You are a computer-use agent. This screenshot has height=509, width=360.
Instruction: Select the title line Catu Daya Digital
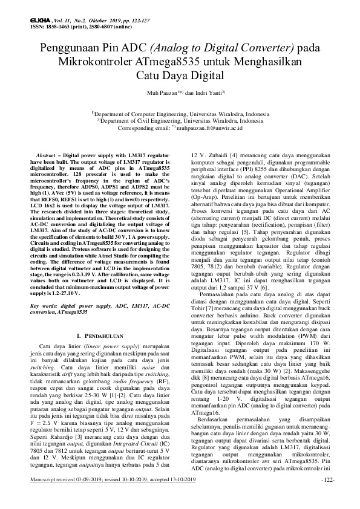(180, 76)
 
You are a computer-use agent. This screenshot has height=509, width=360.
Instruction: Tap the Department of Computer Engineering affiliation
(180, 114)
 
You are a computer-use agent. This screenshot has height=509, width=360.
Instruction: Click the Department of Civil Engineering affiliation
(180, 120)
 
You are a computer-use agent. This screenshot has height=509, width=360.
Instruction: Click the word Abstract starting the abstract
(50, 155)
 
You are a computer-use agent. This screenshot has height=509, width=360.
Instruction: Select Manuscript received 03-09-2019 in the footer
(71, 496)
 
